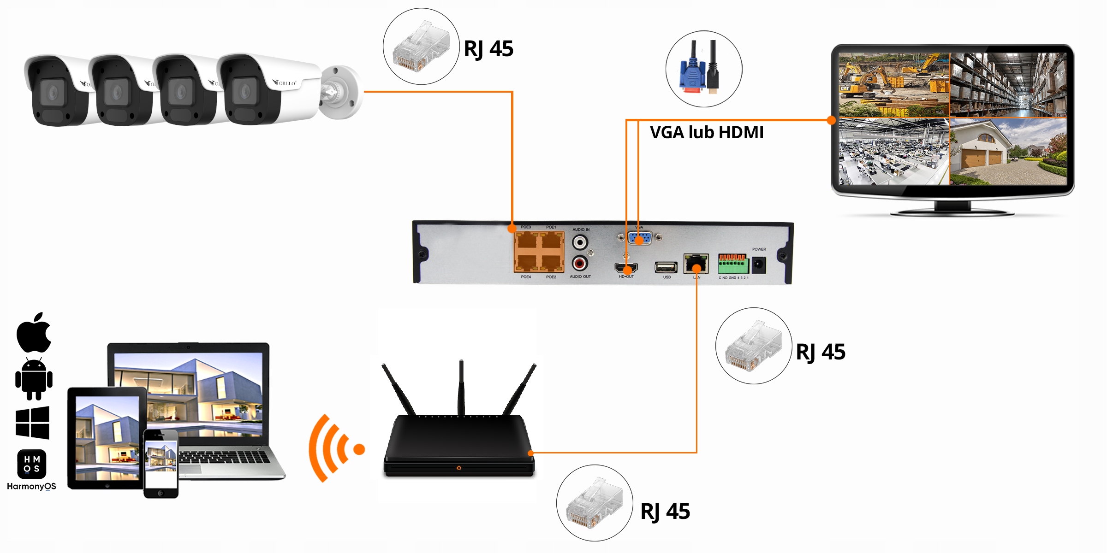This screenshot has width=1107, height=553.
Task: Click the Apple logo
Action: click(34, 333)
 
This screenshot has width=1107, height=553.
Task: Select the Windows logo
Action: click(32, 422)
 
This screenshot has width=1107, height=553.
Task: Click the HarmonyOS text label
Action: click(31, 486)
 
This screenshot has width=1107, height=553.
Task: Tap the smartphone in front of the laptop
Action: click(161, 463)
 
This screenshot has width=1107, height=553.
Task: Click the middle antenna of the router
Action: click(461, 387)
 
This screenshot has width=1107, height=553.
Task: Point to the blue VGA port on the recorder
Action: click(640, 238)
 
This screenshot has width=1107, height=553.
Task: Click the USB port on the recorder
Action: click(666, 267)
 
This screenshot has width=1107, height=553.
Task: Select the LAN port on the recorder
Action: click(696, 264)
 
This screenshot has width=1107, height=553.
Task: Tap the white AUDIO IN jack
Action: click(580, 242)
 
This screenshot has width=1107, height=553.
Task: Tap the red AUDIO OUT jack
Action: click(580, 263)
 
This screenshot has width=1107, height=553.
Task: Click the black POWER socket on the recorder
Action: click(759, 265)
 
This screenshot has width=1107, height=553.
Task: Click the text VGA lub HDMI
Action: click(706, 133)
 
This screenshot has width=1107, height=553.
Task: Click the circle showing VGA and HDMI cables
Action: click(703, 69)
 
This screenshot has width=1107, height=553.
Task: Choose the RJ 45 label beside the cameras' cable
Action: click(488, 49)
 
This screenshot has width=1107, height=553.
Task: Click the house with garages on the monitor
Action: click(1008, 152)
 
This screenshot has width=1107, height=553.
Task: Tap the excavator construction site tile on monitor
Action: click(893, 85)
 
